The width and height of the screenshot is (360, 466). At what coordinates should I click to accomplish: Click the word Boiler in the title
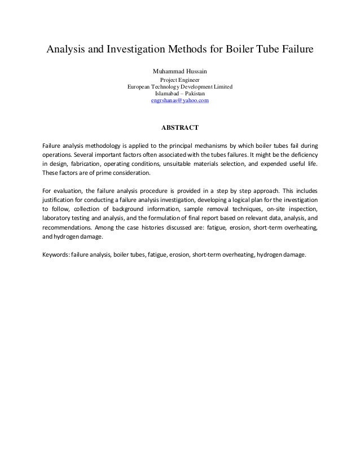point(241,50)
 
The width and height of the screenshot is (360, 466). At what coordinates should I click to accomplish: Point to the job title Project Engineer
point(180,81)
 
